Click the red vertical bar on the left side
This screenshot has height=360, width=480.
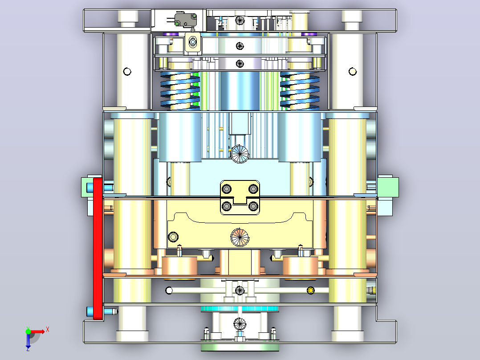[x=98, y=249]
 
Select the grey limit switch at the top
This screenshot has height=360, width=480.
[x=186, y=19]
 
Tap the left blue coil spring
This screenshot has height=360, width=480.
[x=180, y=91]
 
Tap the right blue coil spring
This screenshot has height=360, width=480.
[x=300, y=91]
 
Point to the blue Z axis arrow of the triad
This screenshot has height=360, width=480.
[x=28, y=341]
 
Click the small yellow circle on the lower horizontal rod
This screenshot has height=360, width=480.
[x=310, y=290]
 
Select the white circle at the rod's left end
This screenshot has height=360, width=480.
[x=169, y=290]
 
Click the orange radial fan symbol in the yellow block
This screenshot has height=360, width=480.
[x=240, y=237]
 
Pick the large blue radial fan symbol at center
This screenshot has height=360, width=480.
[x=240, y=154]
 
